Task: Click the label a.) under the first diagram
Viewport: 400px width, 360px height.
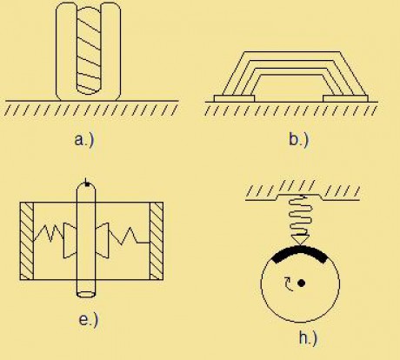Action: (84, 140)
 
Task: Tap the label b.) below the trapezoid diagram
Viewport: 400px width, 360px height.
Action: (299, 140)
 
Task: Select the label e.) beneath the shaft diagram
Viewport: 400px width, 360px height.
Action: (89, 320)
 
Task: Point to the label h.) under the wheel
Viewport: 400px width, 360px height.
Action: (308, 338)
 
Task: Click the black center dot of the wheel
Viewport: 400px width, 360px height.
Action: (302, 283)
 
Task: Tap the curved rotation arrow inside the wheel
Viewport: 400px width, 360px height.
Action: (289, 284)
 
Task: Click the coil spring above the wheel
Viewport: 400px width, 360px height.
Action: (301, 216)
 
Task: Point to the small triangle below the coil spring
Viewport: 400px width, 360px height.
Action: (300, 240)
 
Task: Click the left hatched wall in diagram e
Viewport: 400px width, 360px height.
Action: (27, 241)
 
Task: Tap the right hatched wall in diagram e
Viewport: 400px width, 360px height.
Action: (157, 241)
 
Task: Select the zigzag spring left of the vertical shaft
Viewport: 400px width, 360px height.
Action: (49, 233)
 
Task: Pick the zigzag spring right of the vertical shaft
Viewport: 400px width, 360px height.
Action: (129, 235)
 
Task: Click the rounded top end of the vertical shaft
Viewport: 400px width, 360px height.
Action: (86, 187)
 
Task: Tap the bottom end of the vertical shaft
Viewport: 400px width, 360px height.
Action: (86, 293)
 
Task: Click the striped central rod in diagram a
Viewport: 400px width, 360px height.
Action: (89, 50)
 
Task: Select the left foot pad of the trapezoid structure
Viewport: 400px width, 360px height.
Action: (234, 98)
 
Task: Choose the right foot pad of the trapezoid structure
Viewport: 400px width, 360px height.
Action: (345, 98)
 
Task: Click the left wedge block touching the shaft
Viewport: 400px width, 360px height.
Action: (70, 240)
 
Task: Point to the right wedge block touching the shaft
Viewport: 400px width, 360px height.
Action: (102, 240)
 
